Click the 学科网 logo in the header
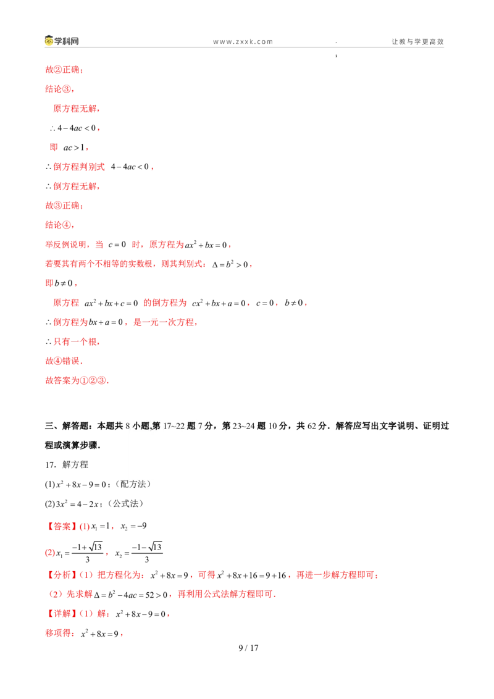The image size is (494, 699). (x=62, y=41)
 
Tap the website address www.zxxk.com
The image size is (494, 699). (x=243, y=41)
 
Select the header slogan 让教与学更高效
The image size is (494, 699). (x=418, y=41)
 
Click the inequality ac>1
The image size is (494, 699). (x=73, y=148)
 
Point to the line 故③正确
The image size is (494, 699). (x=64, y=206)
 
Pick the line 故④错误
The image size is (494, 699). (x=64, y=361)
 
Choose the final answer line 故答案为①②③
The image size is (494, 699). (x=77, y=380)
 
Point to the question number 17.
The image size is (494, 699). (x=50, y=464)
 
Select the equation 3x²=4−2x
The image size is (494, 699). (x=77, y=504)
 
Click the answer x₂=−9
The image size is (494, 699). (x=133, y=527)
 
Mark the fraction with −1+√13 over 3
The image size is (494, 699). (x=88, y=553)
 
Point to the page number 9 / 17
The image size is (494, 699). (x=248, y=648)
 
